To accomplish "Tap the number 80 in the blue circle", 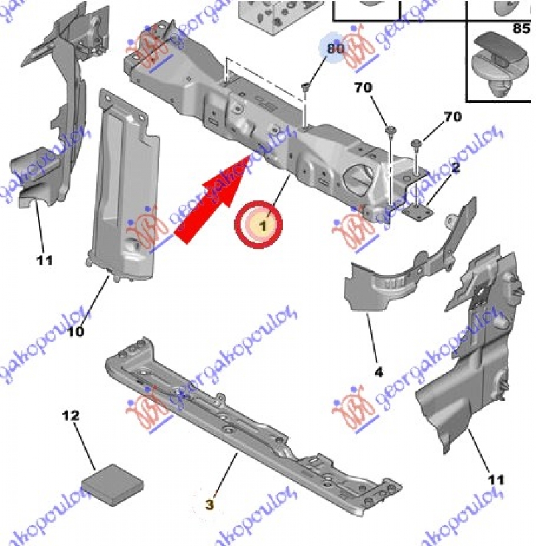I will point(335,48).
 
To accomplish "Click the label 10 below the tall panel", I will point(75,330).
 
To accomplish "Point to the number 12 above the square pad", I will point(71,416).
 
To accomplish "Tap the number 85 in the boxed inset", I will point(520,29).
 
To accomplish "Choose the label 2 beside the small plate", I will point(455,169).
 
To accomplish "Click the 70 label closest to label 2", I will point(452,117).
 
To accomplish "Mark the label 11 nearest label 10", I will point(44,260).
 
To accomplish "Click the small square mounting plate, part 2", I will point(419,211).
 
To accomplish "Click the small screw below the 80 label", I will point(306,86).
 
